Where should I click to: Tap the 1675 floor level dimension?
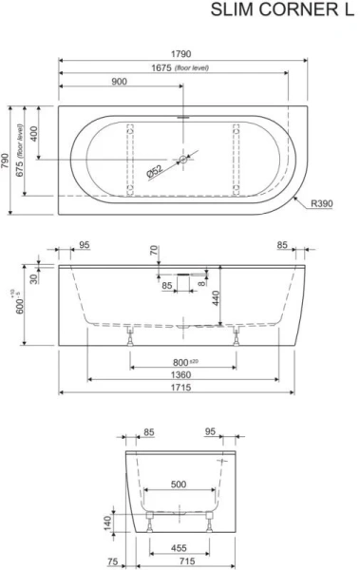(x=181, y=67)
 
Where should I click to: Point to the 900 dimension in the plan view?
(x=120, y=83)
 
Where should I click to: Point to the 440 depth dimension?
(x=218, y=298)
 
